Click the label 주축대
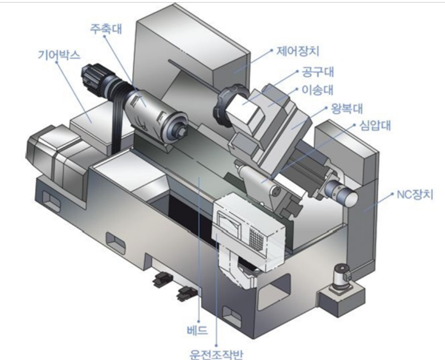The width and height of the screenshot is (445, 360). (106, 29)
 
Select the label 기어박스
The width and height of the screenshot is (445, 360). (59, 55)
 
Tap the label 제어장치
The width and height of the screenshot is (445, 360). (298, 51)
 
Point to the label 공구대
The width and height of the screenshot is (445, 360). (317, 72)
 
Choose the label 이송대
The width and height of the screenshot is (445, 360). (317, 90)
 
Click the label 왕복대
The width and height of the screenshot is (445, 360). (347, 109)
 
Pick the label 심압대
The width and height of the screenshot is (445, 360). (375, 125)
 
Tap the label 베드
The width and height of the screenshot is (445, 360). (198, 330)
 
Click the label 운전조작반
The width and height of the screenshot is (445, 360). (216, 354)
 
